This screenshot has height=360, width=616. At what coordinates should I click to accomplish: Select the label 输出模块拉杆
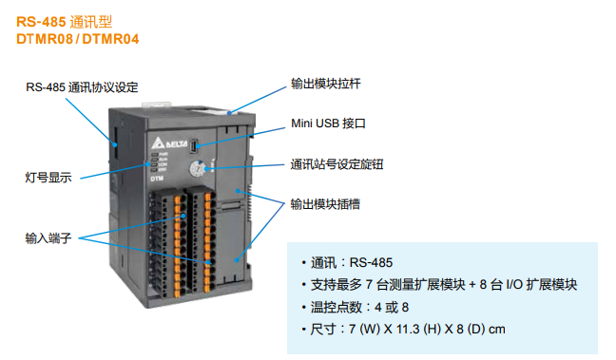pos(325,84)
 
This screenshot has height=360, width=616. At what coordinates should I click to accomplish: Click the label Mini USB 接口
pos(328,123)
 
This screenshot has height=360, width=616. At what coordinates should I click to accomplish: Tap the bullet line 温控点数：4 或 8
pos(359,307)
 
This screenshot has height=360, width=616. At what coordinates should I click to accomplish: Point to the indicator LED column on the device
pos(151,162)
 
